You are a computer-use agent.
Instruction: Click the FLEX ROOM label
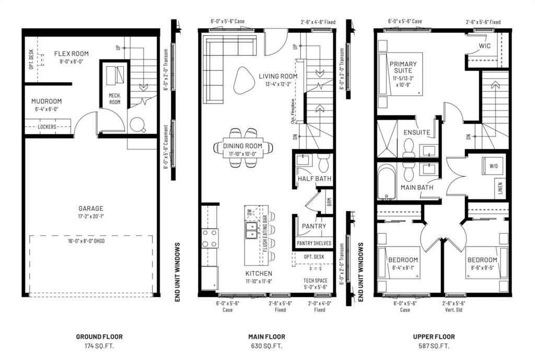[x=71, y=53]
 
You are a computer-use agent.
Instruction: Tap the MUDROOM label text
[x=46, y=101]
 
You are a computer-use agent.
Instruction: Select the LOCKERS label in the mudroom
[x=48, y=126]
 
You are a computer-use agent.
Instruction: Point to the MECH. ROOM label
[x=114, y=99]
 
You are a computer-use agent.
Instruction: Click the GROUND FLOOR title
[x=99, y=337]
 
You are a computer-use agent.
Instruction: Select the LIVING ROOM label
[x=278, y=76]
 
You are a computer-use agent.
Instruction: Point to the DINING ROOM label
[x=242, y=146]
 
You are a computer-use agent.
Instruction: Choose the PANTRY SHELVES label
[x=313, y=243]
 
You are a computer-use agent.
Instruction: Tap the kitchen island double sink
[x=251, y=228]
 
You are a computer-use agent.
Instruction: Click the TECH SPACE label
[x=315, y=281]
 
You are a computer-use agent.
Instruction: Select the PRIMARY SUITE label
[x=404, y=67]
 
